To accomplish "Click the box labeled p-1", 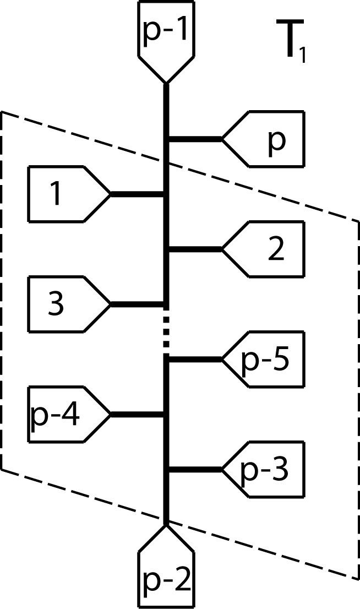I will tap(166, 33).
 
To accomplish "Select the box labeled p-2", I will tap(166, 578).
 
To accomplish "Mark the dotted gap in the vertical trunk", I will tap(166, 330).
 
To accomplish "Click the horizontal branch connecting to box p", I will tap(195, 139).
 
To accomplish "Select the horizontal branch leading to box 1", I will tap(138, 194).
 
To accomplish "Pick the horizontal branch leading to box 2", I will tap(195, 249).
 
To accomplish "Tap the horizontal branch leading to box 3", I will tap(138, 304).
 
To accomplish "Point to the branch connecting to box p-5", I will tap(195, 359).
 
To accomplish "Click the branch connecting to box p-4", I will tap(138, 414).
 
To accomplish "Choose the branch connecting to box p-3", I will tap(195, 469).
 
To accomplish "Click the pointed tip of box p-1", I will tap(166, 81).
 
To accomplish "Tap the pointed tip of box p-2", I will tap(166, 526).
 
